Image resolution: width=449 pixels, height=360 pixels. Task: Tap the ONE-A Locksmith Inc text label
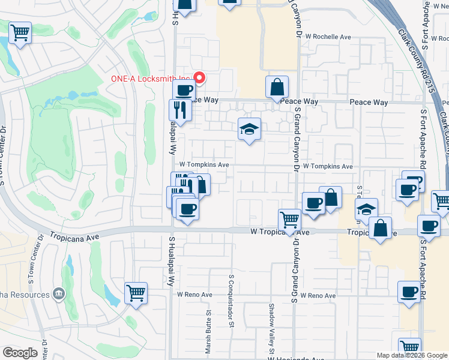pos(150,79)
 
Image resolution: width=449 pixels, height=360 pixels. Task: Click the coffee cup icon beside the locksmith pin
pos(183,91)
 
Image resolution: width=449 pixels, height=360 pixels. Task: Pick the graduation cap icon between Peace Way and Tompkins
pos(249,128)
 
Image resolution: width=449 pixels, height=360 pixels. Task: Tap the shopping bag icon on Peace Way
pos(277,87)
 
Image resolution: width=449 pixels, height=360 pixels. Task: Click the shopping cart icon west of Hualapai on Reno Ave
pos(136,293)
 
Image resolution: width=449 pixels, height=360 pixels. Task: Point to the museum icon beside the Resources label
pos(59,294)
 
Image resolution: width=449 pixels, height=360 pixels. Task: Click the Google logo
pos(20,353)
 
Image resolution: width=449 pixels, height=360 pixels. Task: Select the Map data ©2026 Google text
pos(411,355)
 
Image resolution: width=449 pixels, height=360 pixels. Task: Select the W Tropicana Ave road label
pos(277,232)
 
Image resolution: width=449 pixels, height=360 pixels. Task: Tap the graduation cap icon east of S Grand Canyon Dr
pos(366,209)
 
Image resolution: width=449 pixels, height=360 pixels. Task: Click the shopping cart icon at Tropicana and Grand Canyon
pos(289,219)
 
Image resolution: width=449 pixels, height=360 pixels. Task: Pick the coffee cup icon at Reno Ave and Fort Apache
pos(409,292)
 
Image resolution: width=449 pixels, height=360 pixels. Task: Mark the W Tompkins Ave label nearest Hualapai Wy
pos(204,164)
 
